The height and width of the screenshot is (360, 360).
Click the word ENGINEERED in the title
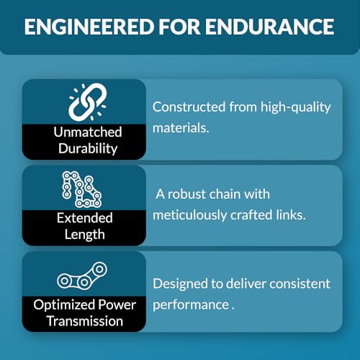89,27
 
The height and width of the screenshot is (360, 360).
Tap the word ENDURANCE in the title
269,27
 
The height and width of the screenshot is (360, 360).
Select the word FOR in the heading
179,27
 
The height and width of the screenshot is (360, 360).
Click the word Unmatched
88,132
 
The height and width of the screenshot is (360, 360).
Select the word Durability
88,148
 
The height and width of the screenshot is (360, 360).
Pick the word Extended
85,218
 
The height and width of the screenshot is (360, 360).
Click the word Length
85,235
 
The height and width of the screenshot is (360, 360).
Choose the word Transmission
85,321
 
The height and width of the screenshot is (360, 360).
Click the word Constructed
189,107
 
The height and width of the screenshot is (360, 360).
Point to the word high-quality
296,107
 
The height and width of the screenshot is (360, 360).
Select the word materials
181,127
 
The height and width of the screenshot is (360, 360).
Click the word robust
186,194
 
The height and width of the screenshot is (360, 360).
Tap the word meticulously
189,215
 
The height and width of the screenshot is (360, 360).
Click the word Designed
180,284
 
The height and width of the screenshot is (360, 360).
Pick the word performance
191,305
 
